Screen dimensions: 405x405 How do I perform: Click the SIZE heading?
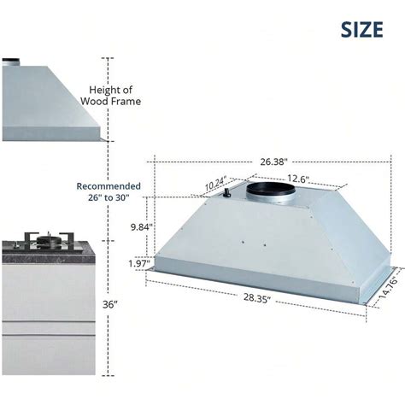(x=361, y=29)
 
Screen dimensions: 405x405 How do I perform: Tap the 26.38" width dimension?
(x=273, y=161)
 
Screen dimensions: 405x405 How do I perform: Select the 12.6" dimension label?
(x=298, y=179)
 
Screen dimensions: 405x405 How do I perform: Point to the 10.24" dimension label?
(x=216, y=184)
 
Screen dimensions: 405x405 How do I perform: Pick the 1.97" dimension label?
(x=139, y=263)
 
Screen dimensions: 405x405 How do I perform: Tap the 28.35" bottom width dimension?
(x=256, y=298)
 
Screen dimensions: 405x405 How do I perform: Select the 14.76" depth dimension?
(x=389, y=287)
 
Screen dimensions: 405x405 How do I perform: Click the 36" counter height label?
(x=109, y=305)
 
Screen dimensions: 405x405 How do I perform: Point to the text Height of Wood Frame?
(x=111, y=96)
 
